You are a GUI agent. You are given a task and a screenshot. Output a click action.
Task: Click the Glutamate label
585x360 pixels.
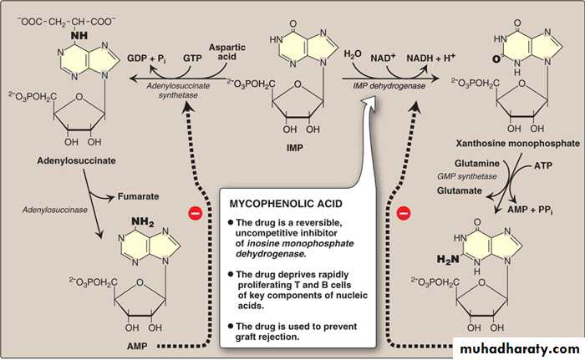[x=465, y=191]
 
